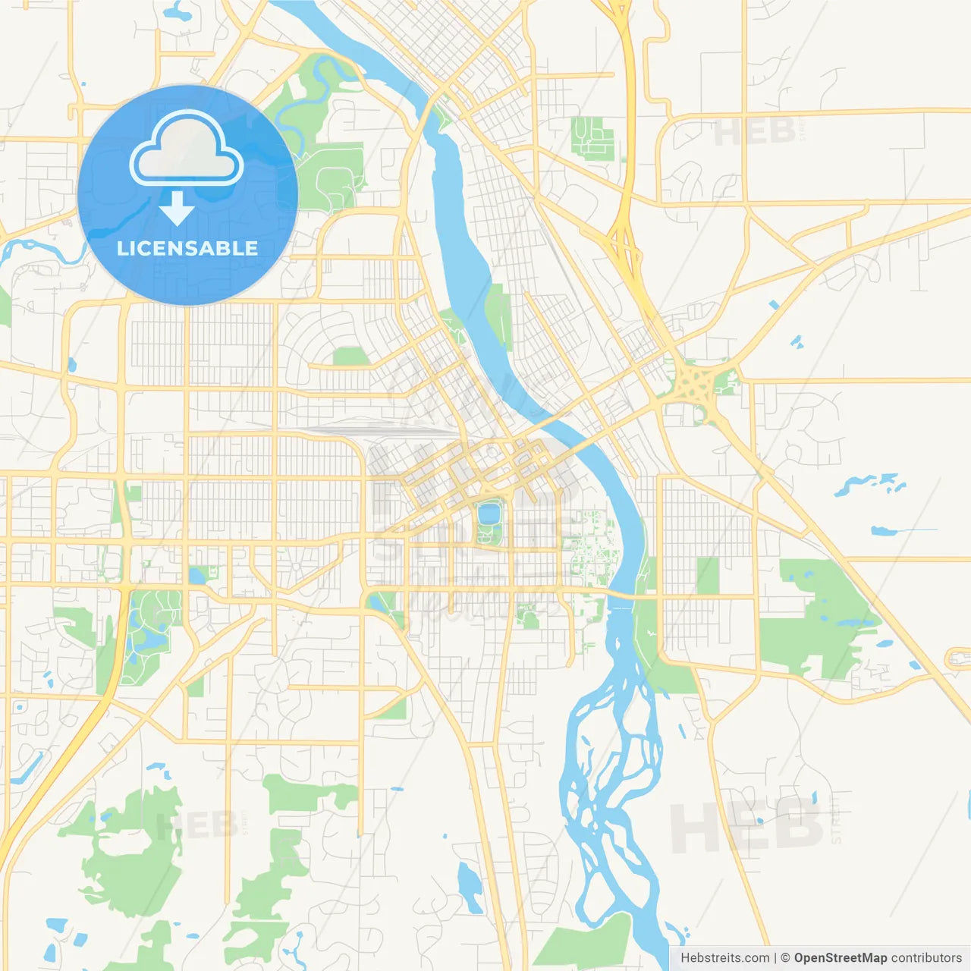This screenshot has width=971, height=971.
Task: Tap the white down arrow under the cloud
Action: [177, 208]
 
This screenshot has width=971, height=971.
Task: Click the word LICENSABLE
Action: [187, 248]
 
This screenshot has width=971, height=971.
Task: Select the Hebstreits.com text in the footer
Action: [724, 957]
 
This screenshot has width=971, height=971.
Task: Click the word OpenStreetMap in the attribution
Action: [840, 957]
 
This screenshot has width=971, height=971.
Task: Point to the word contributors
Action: [925, 957]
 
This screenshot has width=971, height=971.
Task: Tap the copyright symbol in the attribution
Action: [785, 957]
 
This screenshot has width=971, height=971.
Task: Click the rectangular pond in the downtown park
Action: [489, 514]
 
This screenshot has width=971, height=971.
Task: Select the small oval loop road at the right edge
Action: [957, 658]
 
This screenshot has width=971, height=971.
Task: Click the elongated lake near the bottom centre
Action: [470, 888]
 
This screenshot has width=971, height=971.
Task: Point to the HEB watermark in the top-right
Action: [754, 132]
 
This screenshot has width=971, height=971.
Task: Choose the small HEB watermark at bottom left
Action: [194, 825]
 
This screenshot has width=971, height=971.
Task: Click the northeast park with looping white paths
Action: [592, 137]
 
